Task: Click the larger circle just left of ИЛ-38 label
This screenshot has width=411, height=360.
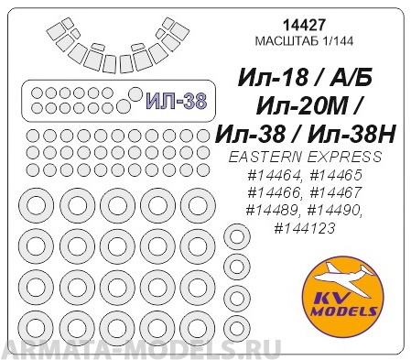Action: click(135, 93)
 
